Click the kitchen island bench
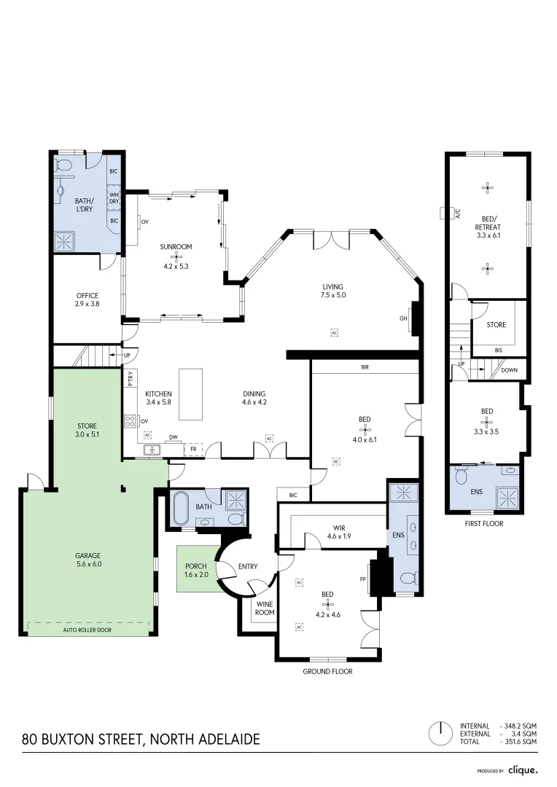click(x=191, y=393)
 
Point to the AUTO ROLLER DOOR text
click(x=87, y=630)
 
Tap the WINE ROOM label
click(x=265, y=608)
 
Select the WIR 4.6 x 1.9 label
click(x=340, y=532)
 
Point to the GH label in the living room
click(x=403, y=318)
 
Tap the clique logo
click(x=523, y=770)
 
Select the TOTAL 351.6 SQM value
click(x=518, y=741)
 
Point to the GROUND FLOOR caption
click(x=327, y=671)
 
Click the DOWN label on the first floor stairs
click(x=509, y=370)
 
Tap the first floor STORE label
click(x=496, y=325)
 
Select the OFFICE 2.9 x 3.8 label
click(x=87, y=299)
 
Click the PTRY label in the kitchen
click(x=131, y=378)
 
